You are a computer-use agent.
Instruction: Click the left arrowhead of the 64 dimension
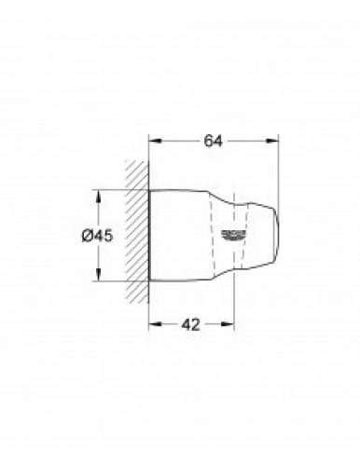[x=155, y=143]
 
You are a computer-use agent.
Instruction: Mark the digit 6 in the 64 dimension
[x=210, y=143]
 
